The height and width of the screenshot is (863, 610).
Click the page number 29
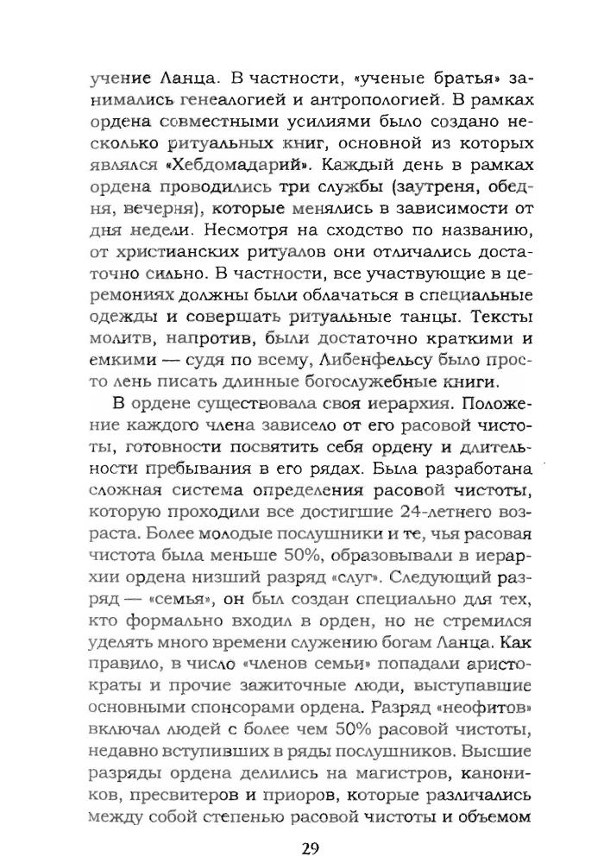tap(311, 822)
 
